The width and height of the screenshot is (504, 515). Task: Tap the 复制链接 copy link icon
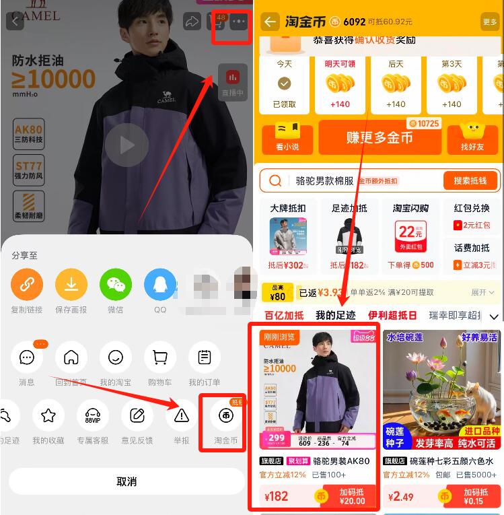point(27,285)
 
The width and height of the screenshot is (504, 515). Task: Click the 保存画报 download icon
point(71,285)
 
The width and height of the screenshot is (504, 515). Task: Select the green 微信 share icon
point(116,285)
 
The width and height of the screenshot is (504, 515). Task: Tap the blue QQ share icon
point(160,285)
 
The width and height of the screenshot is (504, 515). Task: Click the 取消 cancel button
point(127,481)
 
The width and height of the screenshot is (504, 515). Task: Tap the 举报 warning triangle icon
point(182,416)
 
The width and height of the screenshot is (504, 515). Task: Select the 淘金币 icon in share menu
point(226,416)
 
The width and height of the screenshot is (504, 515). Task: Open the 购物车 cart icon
point(160,357)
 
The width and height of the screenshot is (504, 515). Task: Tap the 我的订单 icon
point(205,357)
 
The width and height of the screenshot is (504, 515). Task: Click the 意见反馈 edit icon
point(137,416)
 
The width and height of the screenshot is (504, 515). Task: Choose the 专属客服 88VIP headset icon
point(93,416)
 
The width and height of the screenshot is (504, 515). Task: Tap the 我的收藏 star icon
point(48,416)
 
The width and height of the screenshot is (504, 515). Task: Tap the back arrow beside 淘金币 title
point(271,22)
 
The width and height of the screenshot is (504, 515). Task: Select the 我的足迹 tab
point(336,315)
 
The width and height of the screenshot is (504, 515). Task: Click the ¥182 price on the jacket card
point(277,497)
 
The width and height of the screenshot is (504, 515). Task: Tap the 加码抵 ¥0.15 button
point(474,497)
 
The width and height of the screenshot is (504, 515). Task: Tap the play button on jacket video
point(127,144)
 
